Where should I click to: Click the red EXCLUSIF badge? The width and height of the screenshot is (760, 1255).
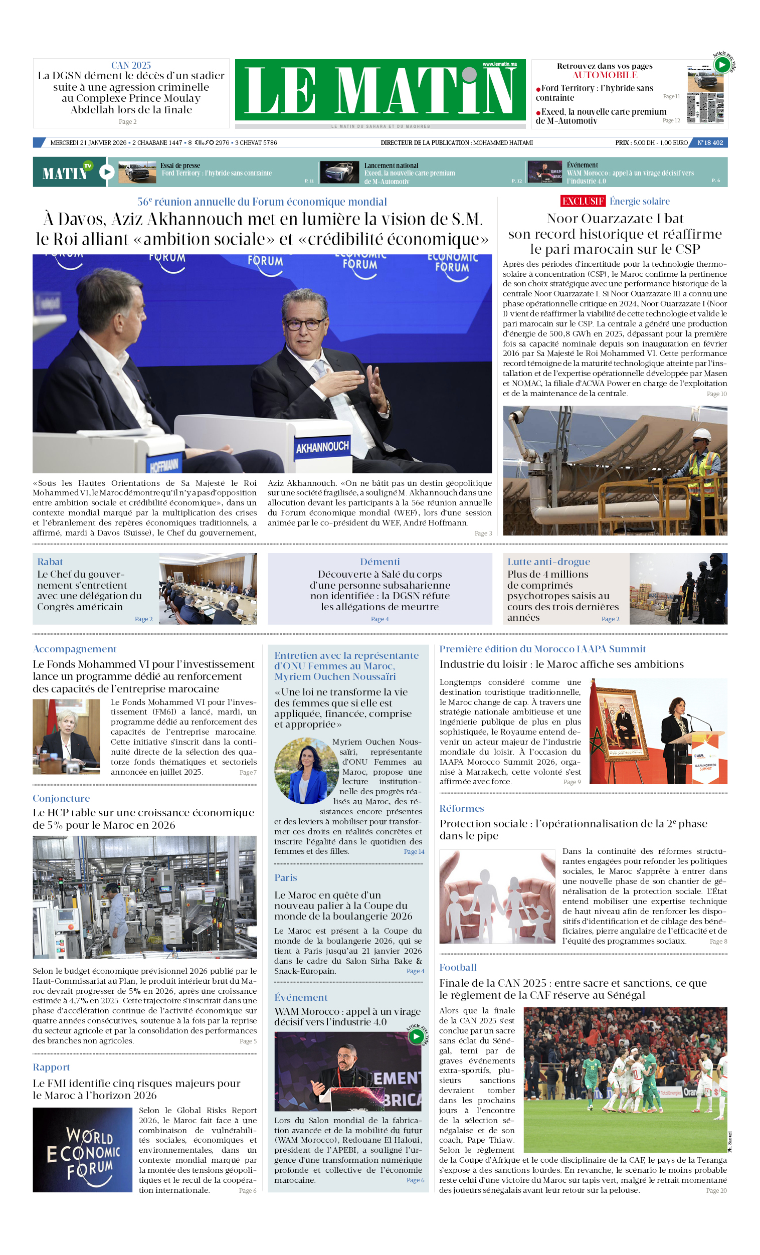pos(582,201)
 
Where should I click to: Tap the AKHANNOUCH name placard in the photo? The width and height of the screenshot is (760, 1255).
pos(322,447)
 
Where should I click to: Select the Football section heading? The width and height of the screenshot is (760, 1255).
pos(457,967)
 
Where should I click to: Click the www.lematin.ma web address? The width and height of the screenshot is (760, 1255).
pos(499,64)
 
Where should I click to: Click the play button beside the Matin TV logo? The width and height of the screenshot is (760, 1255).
pos(106,172)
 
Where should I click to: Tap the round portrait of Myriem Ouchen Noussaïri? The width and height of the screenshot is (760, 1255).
pos(306,771)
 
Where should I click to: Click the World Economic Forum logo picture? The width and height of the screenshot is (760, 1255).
pos(83,1150)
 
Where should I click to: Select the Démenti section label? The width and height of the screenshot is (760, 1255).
pos(379,562)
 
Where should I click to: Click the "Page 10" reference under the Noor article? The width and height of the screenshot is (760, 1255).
pos(716,394)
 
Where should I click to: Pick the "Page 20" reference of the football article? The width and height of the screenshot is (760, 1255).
pos(716,1190)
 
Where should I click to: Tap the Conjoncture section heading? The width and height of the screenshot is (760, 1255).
pos(61,799)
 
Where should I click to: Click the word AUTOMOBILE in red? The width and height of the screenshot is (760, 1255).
pos(604,75)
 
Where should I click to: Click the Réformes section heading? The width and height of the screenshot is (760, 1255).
pos(462,808)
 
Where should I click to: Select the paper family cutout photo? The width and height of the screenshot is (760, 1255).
pos(497,896)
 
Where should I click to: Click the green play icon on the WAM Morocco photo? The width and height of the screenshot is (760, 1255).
pos(416,1036)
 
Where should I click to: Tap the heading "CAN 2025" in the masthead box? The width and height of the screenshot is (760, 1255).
pos(131,65)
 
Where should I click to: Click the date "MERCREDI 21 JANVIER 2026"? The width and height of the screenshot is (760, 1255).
pos(88,142)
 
